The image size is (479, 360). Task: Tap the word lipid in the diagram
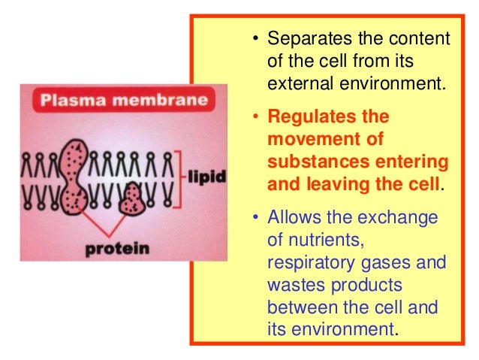tap(201, 177)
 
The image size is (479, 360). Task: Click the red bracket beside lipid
tap(179, 177)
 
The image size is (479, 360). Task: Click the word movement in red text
tap(308, 139)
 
